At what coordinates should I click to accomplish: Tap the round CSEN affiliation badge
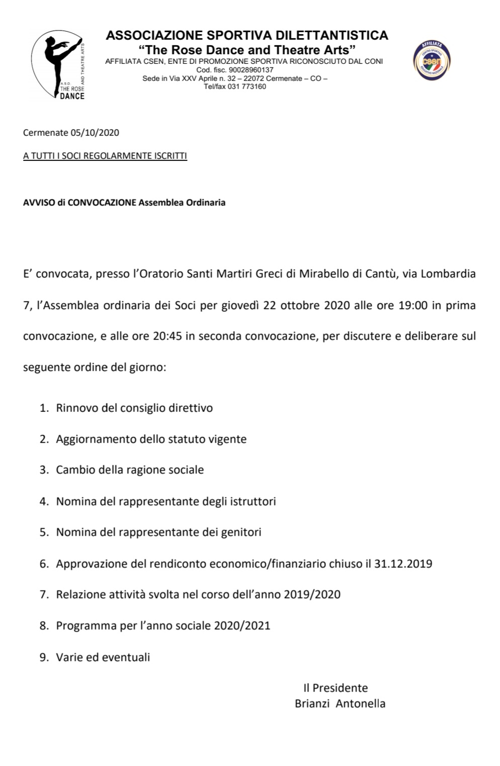click(432, 62)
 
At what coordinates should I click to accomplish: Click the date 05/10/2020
click(95, 133)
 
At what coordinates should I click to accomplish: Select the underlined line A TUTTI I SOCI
click(105, 156)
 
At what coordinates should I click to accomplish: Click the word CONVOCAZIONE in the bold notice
click(102, 203)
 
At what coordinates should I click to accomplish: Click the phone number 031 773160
click(247, 87)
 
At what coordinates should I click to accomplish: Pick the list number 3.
click(44, 470)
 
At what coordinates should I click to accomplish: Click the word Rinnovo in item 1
click(77, 408)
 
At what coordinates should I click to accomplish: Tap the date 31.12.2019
click(403, 564)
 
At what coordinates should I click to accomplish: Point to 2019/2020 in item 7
click(312, 594)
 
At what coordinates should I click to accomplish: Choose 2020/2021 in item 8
click(242, 626)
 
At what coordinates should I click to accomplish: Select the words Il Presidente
click(336, 688)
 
